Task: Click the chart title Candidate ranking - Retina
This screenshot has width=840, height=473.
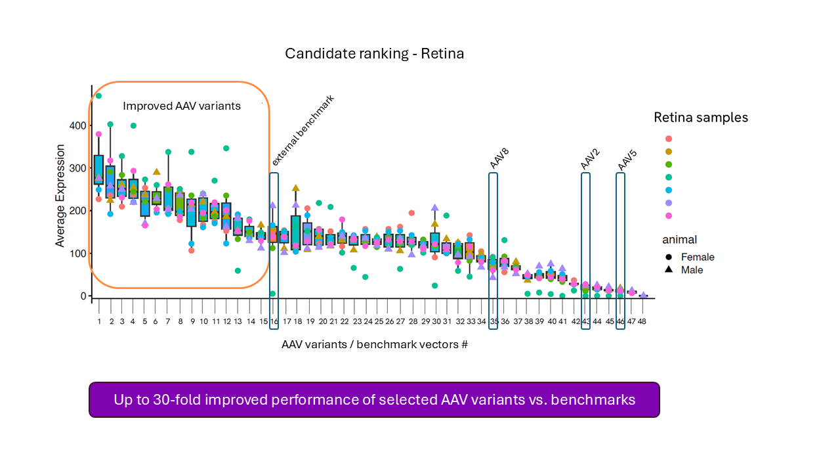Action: click(x=374, y=54)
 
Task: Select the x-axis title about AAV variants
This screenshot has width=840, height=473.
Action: click(x=374, y=344)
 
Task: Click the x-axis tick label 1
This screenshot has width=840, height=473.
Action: click(x=99, y=322)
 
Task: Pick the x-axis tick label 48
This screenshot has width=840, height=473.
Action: click(x=642, y=322)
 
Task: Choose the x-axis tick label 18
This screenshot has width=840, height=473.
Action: click(x=297, y=322)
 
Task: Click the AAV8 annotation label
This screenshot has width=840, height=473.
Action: click(x=500, y=158)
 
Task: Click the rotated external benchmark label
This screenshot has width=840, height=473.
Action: click(x=303, y=131)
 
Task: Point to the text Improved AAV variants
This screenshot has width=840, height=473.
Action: click(x=182, y=106)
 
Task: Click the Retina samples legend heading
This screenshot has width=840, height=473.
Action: click(x=700, y=118)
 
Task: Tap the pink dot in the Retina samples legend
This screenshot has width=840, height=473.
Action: click(x=669, y=215)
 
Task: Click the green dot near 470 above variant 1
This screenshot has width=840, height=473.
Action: click(x=98, y=96)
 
